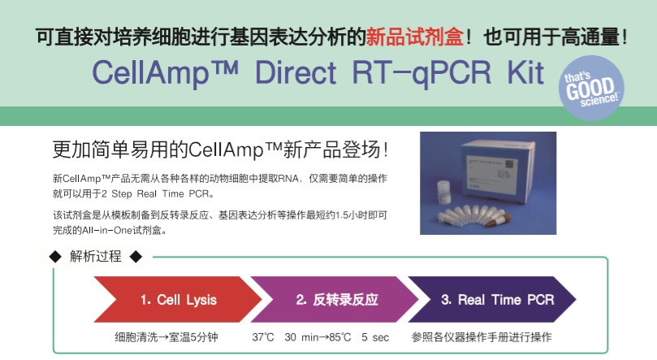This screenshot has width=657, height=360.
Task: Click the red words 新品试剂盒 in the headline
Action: [415, 37]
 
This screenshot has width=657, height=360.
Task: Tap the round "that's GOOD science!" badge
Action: [591, 88]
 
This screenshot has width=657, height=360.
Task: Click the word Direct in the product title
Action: [296, 73]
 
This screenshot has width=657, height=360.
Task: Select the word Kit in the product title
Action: [525, 73]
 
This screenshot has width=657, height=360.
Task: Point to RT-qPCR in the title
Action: [421, 74]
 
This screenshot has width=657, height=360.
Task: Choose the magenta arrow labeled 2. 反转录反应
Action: [335, 299]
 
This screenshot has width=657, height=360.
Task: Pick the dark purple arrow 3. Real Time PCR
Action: [492, 299]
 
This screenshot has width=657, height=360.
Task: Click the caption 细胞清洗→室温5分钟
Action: [166, 337]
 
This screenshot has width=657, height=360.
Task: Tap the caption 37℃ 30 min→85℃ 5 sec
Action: [321, 337]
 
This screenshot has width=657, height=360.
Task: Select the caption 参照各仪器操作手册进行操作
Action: [482, 337]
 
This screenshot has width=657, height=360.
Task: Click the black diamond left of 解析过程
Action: [55, 257]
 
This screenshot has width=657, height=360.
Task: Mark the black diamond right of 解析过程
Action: [136, 257]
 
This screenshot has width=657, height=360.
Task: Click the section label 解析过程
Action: [96, 256]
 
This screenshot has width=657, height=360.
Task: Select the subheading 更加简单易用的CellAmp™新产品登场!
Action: [220, 150]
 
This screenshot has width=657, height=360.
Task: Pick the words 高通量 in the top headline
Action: [590, 37]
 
